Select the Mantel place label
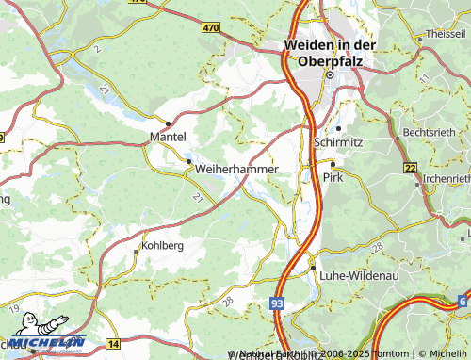click(x=169, y=138)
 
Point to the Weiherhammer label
click(x=237, y=169)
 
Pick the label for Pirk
click(x=333, y=176)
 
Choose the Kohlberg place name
click(x=161, y=245)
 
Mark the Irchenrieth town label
click(x=447, y=177)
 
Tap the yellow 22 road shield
click(x=410, y=167)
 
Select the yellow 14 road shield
click(x=113, y=347)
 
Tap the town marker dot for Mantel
click(x=168, y=123)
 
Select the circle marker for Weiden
click(x=330, y=74)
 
